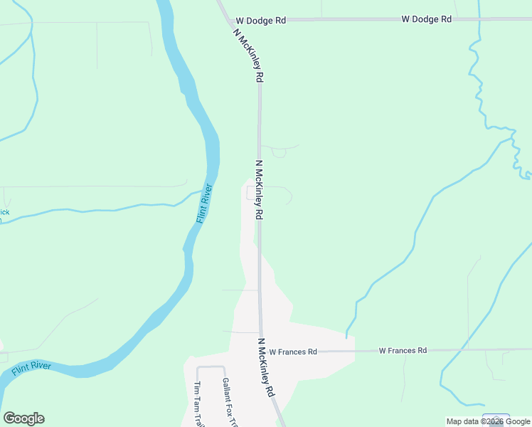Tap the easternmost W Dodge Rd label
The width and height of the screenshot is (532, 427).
427,19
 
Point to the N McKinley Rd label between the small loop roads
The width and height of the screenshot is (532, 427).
260,190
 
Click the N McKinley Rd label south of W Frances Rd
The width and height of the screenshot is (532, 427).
266,367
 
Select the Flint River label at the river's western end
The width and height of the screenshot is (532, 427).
31,369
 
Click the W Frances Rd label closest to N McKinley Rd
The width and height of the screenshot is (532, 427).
293,352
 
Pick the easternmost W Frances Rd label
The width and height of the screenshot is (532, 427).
403,350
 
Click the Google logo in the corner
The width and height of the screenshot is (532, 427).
23,418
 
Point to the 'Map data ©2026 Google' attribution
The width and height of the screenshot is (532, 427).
489,421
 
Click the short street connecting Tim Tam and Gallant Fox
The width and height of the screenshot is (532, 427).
211,367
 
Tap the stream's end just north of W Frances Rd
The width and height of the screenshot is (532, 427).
347,337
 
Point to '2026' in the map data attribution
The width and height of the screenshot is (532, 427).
495,421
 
